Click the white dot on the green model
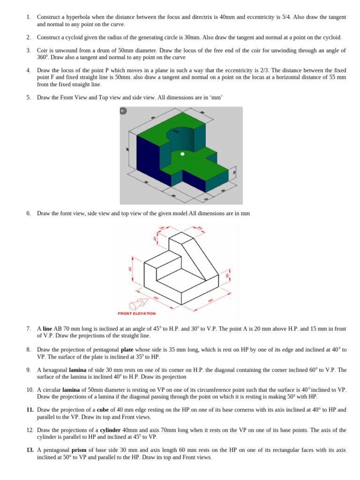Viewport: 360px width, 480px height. point(183,154)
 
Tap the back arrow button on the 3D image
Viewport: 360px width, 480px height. point(124,111)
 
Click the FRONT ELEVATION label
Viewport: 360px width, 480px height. point(137,313)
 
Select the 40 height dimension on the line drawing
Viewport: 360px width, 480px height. point(131,269)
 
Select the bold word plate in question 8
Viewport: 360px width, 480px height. point(127,350)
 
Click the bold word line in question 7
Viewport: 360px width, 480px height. point(47,329)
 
